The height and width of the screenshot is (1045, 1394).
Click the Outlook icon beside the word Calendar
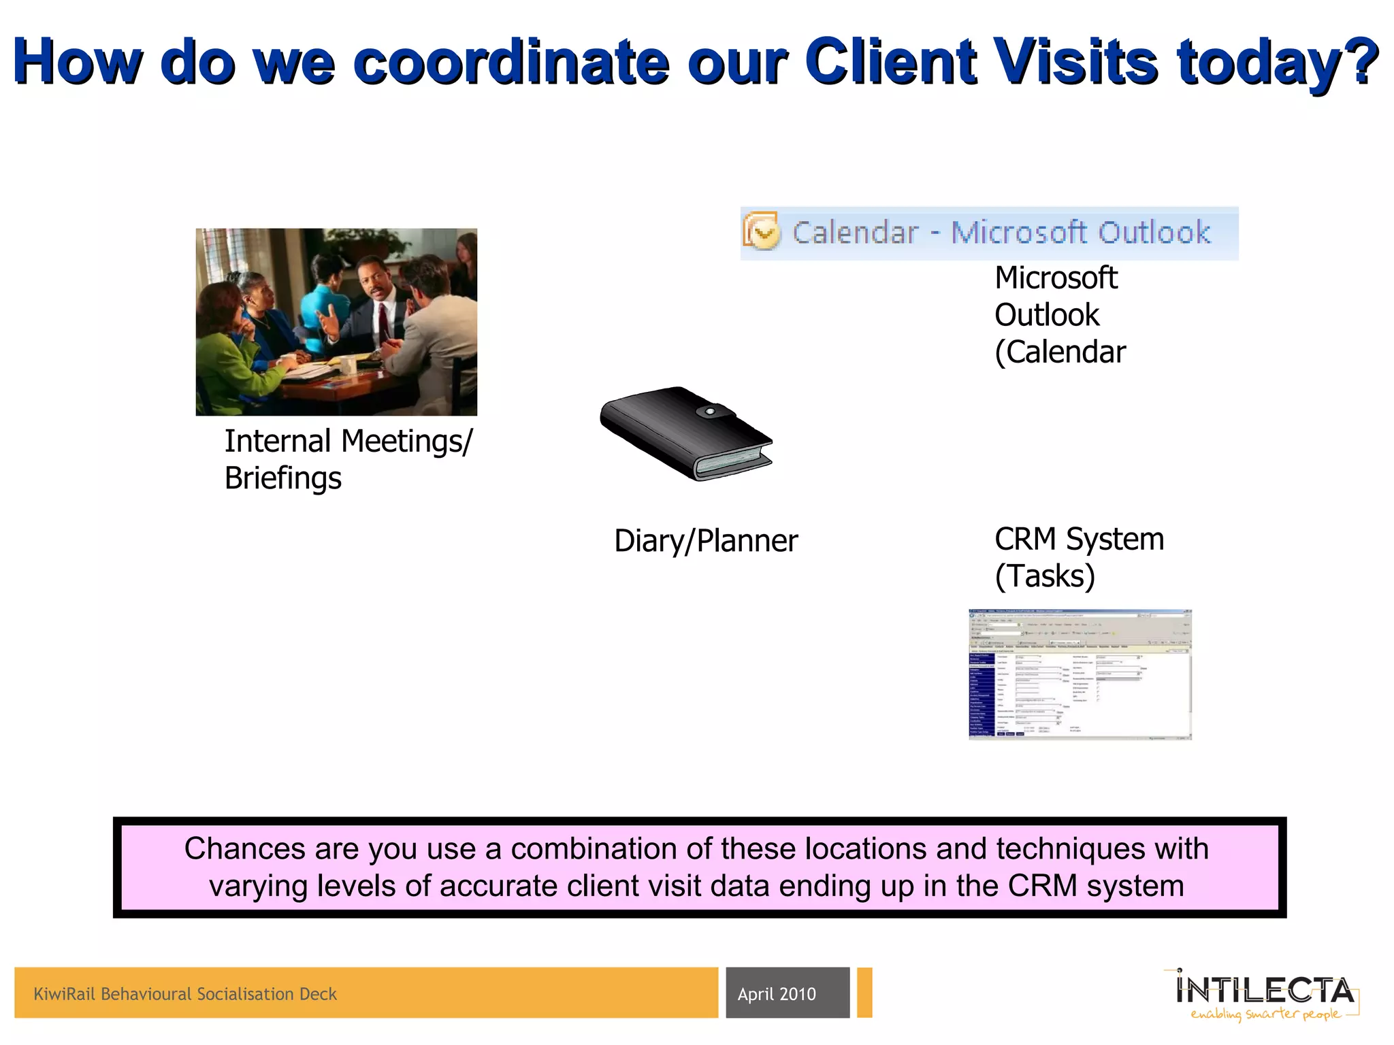761,233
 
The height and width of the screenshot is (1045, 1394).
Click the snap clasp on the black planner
709,412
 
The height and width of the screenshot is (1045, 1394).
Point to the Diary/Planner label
705,541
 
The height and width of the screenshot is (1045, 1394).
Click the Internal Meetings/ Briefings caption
348,459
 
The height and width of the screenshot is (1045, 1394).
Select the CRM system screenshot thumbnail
1080,674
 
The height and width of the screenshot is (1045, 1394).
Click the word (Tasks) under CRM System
1045,576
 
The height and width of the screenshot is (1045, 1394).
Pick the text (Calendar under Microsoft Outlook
1060,352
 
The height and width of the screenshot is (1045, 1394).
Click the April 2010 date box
787,993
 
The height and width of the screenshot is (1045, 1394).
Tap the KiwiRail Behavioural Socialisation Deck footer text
185,994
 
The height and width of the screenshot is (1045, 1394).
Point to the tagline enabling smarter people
1265,1014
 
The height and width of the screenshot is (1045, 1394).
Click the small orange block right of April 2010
864,993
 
